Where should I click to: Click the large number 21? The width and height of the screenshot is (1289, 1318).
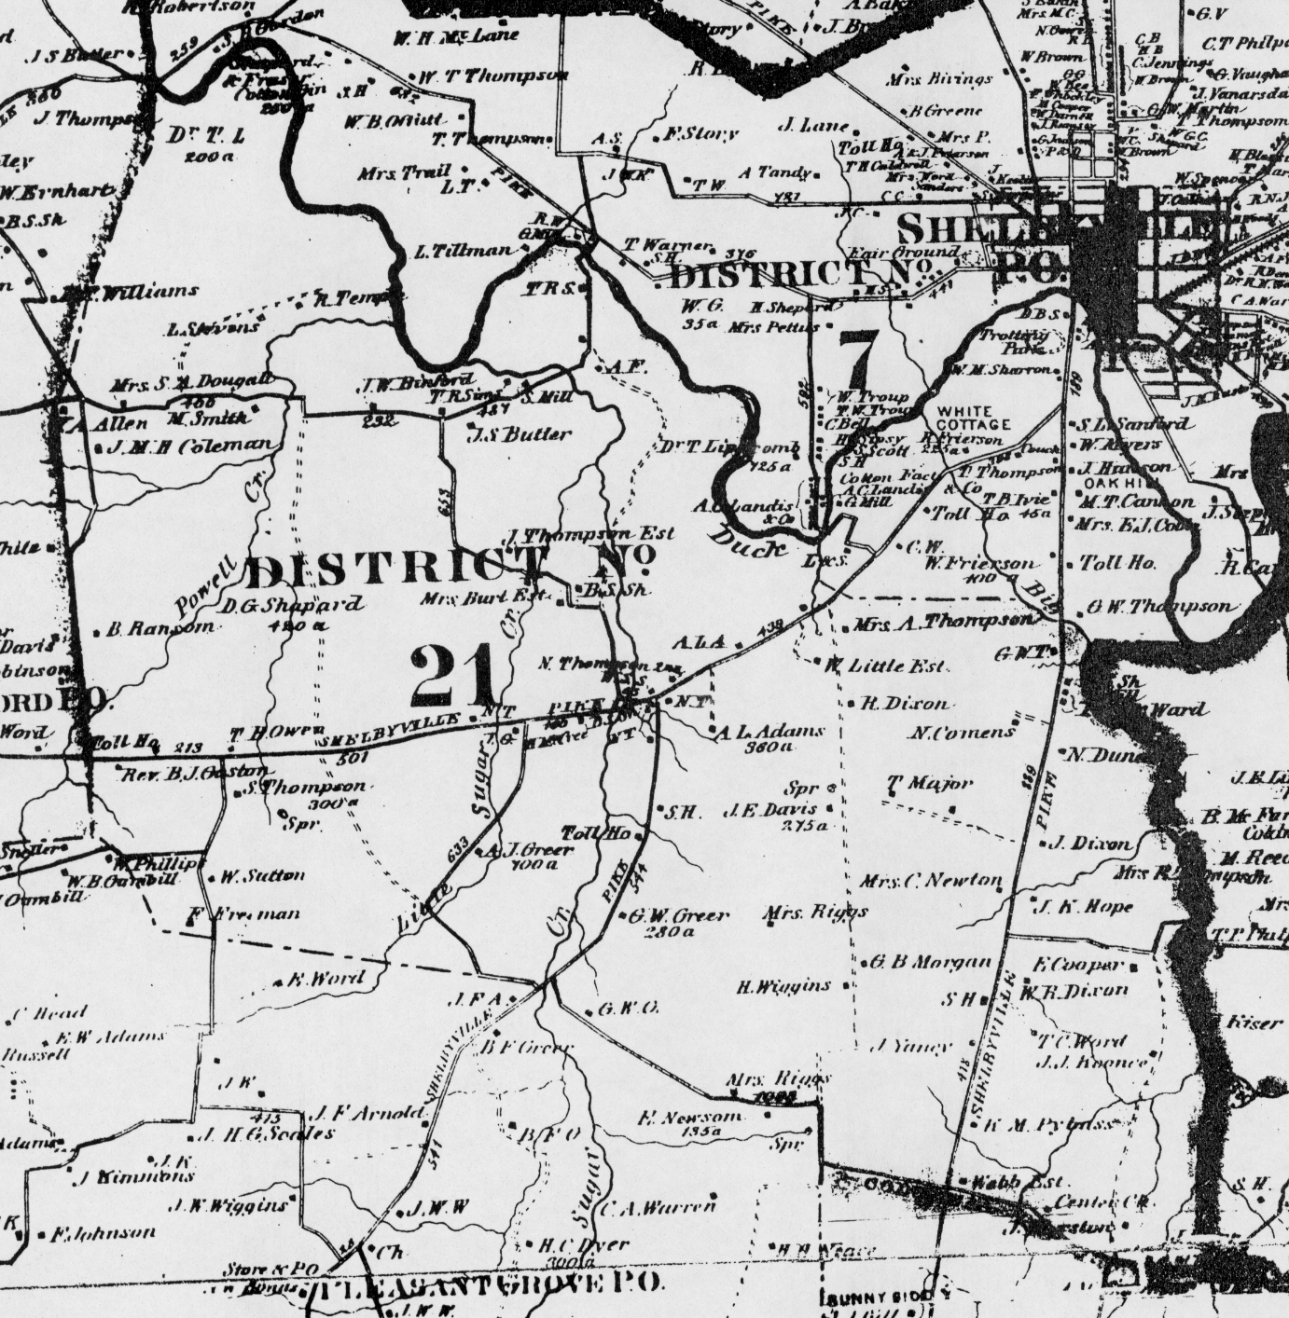tap(453, 677)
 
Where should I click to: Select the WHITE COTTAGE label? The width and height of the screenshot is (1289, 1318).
tap(973, 418)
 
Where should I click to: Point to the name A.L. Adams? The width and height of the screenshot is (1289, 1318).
tap(770, 732)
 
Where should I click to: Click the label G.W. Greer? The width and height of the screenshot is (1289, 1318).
tap(678, 915)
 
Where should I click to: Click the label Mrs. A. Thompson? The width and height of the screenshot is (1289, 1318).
tap(943, 621)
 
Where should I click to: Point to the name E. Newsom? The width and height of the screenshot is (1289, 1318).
tap(690, 1117)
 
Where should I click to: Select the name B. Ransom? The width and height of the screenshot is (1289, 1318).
tap(159, 629)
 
